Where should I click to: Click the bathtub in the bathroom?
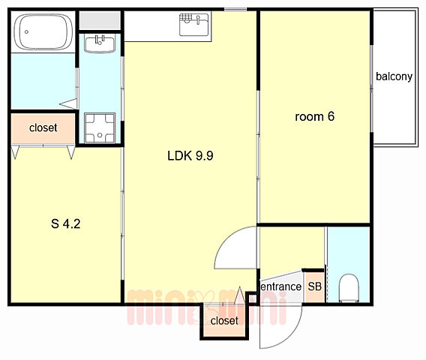pos(43,31)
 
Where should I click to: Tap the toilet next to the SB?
pos(349,288)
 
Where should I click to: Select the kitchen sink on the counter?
pos(194,25)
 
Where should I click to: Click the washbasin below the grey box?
pos(100,43)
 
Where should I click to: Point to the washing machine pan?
pos(100,127)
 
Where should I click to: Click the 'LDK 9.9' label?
pos(190,156)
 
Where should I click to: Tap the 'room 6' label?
pos(314,116)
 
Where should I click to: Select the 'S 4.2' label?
pos(66,223)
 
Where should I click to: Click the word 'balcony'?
pos(394,76)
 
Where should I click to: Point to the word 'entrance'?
pos(281,286)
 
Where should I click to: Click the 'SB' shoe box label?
pos(314,286)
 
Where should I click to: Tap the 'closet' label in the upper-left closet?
pos(43,127)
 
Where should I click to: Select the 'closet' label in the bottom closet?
pos(224,320)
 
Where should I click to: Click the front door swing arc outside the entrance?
pos(294,334)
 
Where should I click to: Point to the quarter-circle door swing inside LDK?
pos(226,241)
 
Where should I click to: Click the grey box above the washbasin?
pos(100,21)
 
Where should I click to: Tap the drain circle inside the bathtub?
pos(26,31)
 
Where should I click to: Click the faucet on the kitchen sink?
pos(198,19)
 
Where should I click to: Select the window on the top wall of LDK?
pos(235,10)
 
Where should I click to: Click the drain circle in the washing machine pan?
pos(100,135)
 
